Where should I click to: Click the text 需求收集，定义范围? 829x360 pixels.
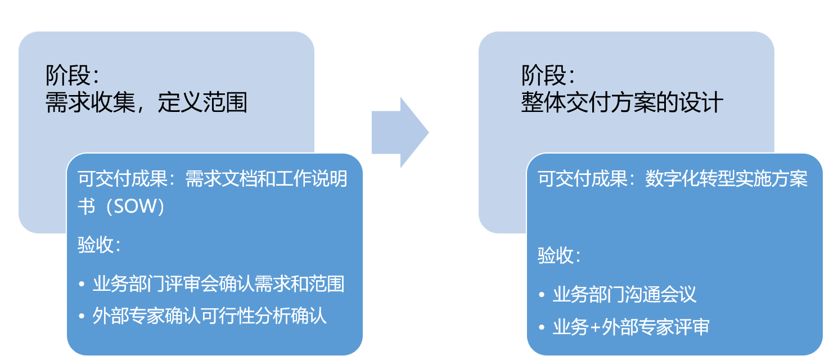pos(146,103)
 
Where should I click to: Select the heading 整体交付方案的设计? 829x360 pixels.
pos(621,103)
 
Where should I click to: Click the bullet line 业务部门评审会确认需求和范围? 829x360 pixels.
pos(218,284)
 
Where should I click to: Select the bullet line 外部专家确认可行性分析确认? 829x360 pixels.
pos(209,316)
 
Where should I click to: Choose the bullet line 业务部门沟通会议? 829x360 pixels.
pos(624,294)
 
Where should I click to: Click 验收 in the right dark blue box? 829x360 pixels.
pos(554,256)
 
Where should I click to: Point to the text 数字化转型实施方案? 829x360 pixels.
pos(726,179)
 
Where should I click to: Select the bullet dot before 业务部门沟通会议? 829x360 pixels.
pos(541,295)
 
